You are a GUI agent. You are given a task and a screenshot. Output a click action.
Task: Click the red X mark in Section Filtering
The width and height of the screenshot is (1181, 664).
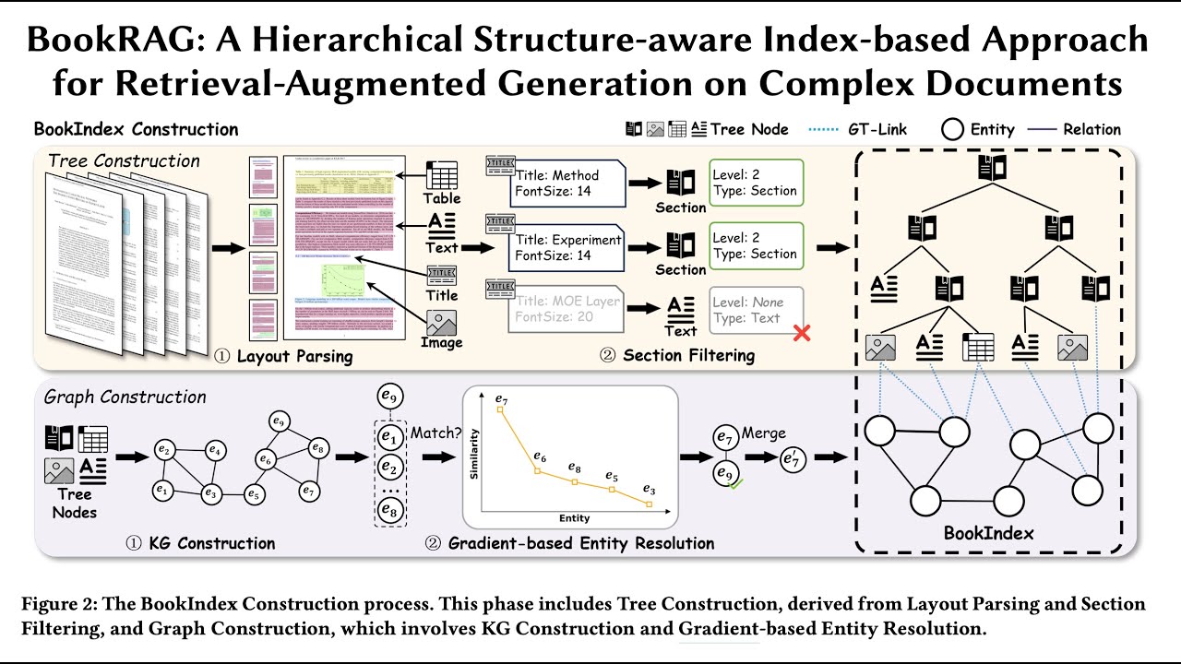click(x=802, y=332)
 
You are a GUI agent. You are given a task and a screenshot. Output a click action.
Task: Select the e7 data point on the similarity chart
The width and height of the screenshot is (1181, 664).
click(x=501, y=409)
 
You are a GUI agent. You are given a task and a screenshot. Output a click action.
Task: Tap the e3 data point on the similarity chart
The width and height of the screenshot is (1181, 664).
click(x=650, y=504)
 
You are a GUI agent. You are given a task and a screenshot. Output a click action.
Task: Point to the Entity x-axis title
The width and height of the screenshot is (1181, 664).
click(x=574, y=519)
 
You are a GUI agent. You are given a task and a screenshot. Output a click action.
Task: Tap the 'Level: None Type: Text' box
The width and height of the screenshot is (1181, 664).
click(x=757, y=310)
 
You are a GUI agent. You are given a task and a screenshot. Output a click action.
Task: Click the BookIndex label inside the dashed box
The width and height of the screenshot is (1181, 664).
click(x=989, y=533)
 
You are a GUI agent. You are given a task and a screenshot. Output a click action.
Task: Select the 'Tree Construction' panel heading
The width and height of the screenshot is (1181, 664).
click(x=124, y=161)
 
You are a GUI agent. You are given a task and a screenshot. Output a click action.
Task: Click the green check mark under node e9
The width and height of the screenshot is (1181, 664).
click(x=736, y=483)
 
